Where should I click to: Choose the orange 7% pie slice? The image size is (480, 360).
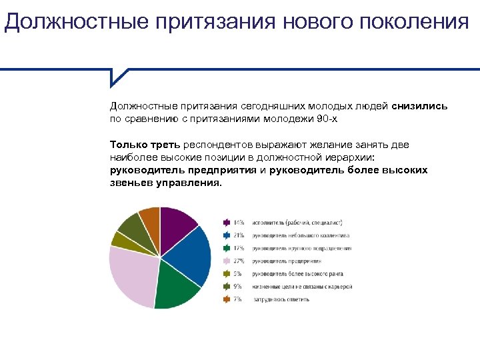coord(150,218)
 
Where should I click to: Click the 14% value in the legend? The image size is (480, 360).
coord(238,223)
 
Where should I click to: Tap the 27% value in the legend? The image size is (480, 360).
coord(238,261)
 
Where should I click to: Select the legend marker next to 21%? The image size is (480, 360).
coord(225,235)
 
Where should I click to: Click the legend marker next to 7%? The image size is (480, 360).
coord(225,299)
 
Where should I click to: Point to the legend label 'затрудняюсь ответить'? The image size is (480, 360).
coord(280,299)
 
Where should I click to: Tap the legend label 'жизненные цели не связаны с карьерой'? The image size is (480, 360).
coord(302,287)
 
